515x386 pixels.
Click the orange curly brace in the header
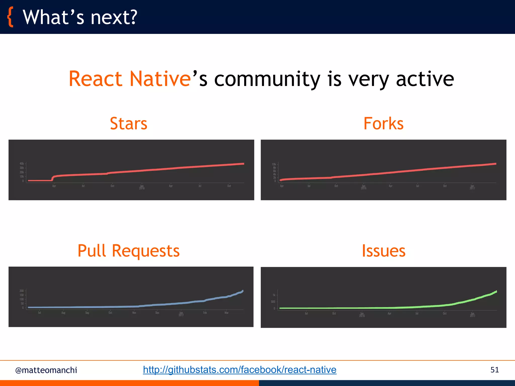point(10,17)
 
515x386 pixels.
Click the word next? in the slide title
point(114,18)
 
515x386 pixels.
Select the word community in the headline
point(267,79)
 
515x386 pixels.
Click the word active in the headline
point(425,79)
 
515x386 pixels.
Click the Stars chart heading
point(128,124)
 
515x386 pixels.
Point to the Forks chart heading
point(383,124)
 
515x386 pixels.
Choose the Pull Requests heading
point(128,251)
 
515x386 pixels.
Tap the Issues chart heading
point(383,251)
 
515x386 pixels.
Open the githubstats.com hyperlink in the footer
point(239,370)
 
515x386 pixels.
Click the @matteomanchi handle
point(46,370)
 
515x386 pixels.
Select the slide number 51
point(494,370)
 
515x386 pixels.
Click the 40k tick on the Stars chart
point(22,164)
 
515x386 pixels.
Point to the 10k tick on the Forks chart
point(274,164)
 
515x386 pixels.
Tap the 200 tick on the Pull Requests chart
point(22,291)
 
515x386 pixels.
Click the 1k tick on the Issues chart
point(274,295)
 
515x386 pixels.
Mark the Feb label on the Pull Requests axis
point(205,313)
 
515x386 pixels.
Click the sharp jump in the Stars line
point(52,178)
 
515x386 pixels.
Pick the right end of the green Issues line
point(496,292)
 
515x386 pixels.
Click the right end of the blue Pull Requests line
point(242,291)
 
